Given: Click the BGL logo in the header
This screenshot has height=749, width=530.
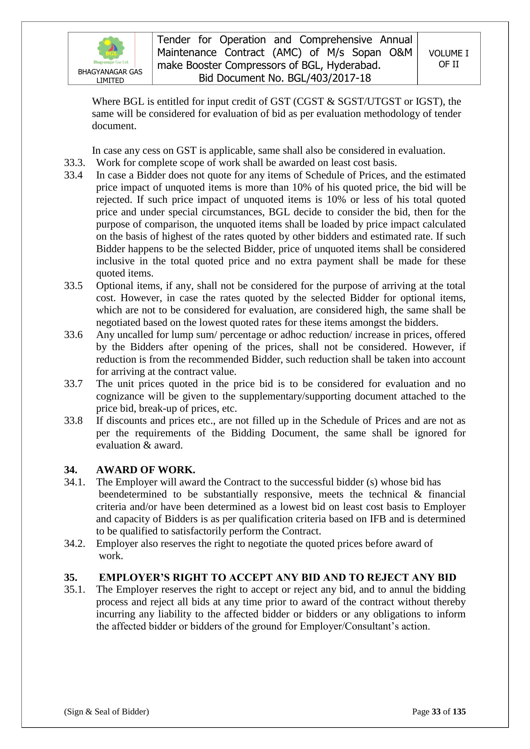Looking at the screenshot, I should coord(111,50).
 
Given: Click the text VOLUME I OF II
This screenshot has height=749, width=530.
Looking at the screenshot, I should coord(448,59).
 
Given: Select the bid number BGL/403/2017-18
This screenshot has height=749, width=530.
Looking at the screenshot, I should coord(329,78).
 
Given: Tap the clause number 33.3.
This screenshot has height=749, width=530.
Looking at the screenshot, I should coord(74,162).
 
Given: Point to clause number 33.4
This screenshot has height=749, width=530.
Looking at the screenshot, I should coord(73,175).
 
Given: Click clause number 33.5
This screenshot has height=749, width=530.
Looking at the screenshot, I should coord(73,286).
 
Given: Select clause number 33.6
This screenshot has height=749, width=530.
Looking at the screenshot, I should coord(73,335).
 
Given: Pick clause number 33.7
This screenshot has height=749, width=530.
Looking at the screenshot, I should coord(73,384).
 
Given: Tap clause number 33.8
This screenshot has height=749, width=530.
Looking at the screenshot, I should coord(73,421).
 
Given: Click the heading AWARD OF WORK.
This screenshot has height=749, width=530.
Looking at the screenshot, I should coord(145,470).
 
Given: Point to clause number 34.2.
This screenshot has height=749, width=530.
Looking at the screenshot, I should coord(74,543).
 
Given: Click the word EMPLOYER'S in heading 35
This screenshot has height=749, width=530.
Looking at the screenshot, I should coord(134,577).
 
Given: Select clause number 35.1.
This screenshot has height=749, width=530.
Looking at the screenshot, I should coord(74,589).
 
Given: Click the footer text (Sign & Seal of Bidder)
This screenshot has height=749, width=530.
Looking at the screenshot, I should coord(106,712).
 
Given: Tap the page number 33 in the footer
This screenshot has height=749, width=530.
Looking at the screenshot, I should coord(436,712).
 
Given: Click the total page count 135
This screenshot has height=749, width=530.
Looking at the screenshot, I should coord(459,712).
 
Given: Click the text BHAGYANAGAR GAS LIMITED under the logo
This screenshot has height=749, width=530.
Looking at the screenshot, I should coord(110,76).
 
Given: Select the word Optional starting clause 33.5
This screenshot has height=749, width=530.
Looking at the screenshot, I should coord(114,286).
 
